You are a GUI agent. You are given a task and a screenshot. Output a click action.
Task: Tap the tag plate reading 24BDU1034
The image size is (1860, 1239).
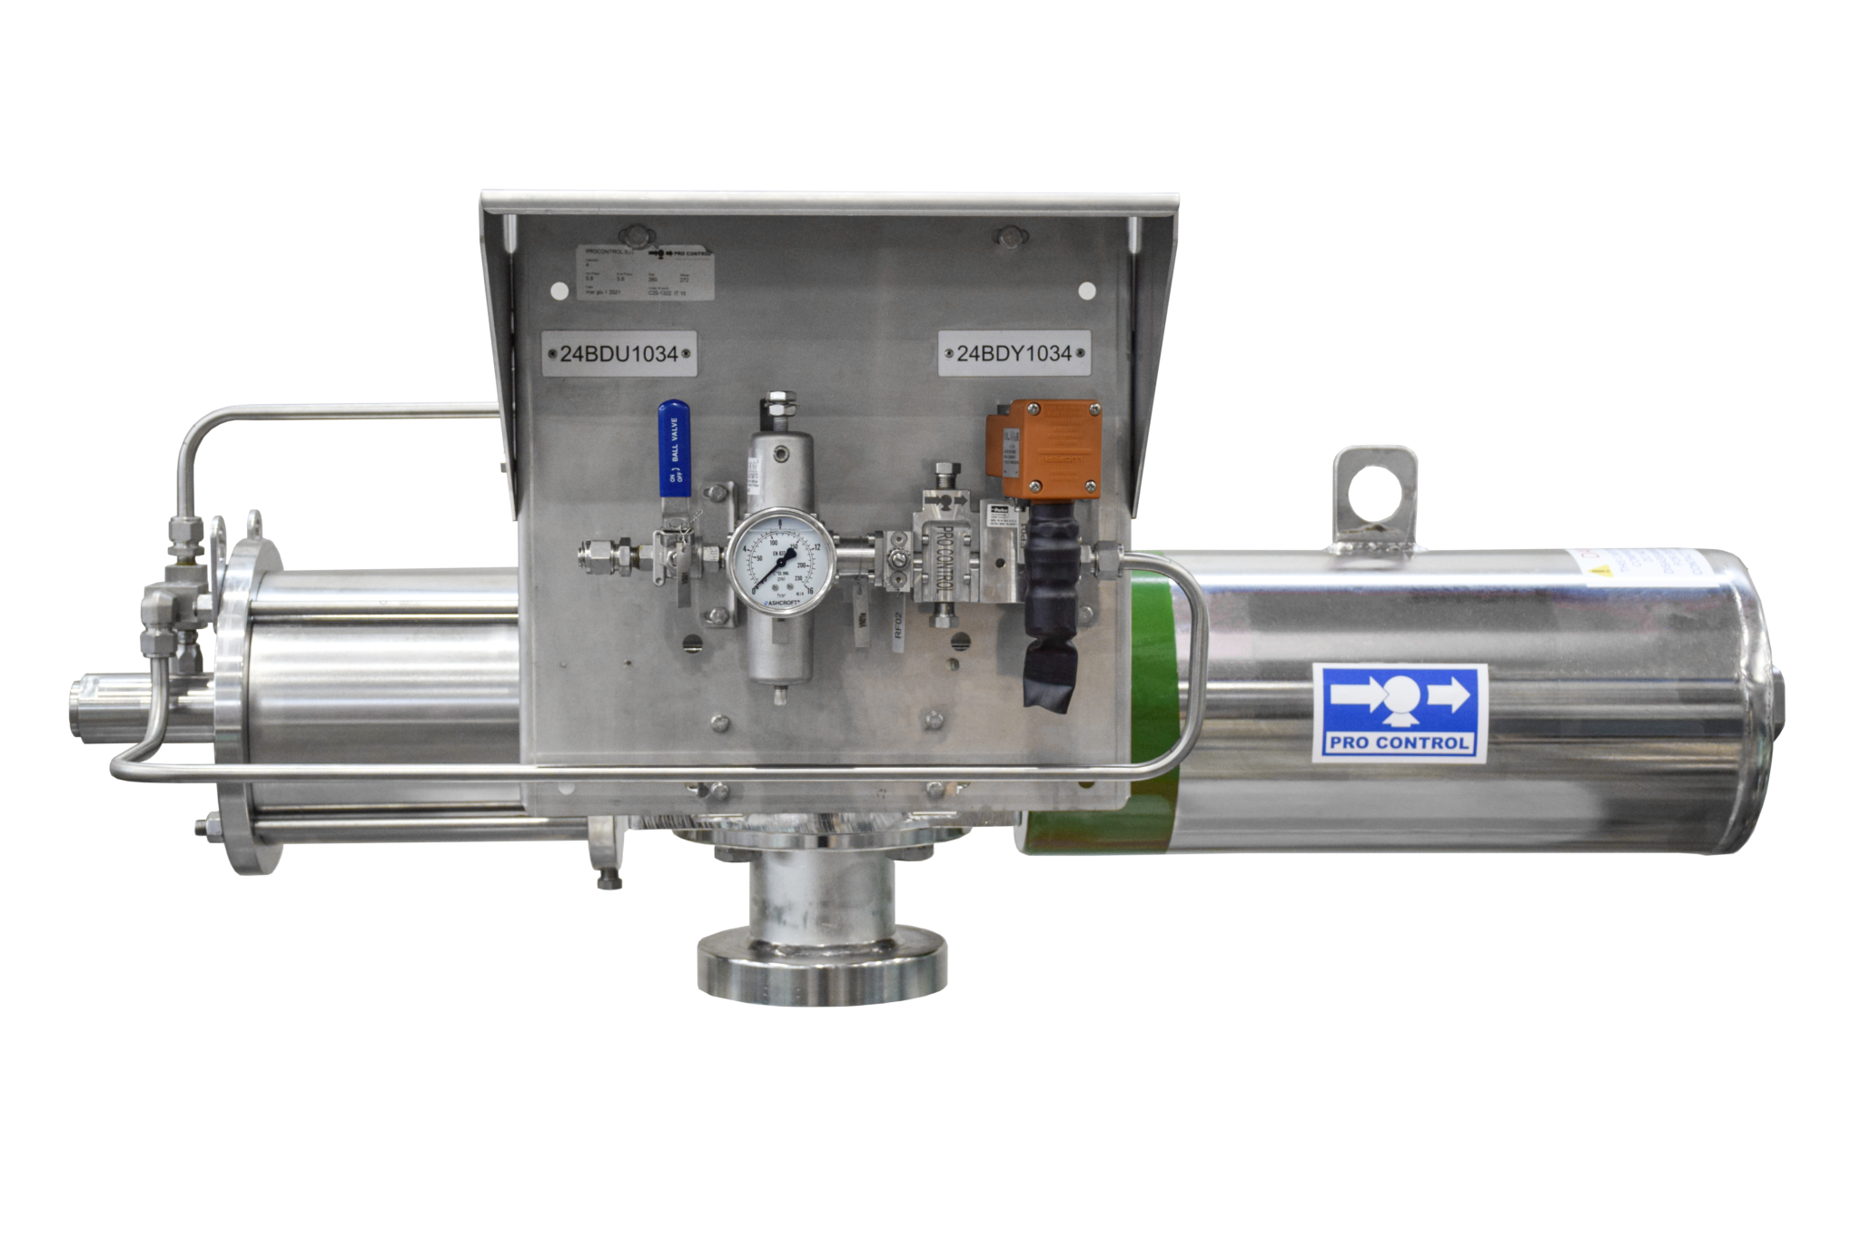(619, 354)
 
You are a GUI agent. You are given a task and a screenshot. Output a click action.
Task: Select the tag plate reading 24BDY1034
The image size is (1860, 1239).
(1014, 353)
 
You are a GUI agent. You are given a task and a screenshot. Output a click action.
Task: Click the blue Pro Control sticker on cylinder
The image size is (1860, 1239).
(1399, 713)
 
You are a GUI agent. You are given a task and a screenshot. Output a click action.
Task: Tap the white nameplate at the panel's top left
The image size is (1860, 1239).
(646, 272)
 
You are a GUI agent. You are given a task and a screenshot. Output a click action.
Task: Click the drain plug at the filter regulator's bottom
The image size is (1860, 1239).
(780, 697)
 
